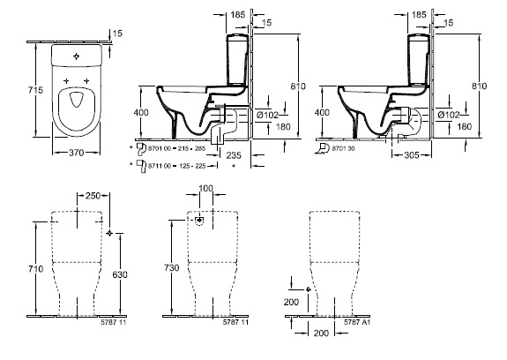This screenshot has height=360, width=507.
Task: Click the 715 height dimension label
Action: (x=35, y=90)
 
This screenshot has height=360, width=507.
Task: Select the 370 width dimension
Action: (x=77, y=153)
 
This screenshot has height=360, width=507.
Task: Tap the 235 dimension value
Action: (x=234, y=155)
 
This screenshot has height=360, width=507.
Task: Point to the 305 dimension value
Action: (x=412, y=155)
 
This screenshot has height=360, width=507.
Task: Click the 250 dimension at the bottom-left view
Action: (x=93, y=196)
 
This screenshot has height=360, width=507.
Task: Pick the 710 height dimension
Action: (x=35, y=269)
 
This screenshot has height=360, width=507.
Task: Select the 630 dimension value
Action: (x=120, y=274)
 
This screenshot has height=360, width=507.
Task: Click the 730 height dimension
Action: (x=171, y=268)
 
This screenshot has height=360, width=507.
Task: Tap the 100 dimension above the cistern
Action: (x=205, y=188)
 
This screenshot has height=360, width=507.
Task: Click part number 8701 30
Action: (x=343, y=148)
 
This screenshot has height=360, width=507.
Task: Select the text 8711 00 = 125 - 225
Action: (x=177, y=166)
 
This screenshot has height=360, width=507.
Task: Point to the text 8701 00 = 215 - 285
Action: (x=176, y=148)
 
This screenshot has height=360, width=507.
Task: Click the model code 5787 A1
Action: (x=357, y=322)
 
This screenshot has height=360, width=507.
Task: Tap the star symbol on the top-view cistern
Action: (x=77, y=56)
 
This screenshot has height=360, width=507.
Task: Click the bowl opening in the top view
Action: (x=77, y=100)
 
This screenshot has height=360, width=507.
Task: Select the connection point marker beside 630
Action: (x=109, y=233)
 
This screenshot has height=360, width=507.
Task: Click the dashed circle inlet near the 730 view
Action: (x=200, y=221)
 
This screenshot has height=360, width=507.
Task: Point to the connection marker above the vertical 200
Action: (x=308, y=289)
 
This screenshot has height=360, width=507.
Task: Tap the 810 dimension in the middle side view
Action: (x=298, y=86)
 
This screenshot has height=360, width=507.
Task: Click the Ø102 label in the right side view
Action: (x=449, y=115)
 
